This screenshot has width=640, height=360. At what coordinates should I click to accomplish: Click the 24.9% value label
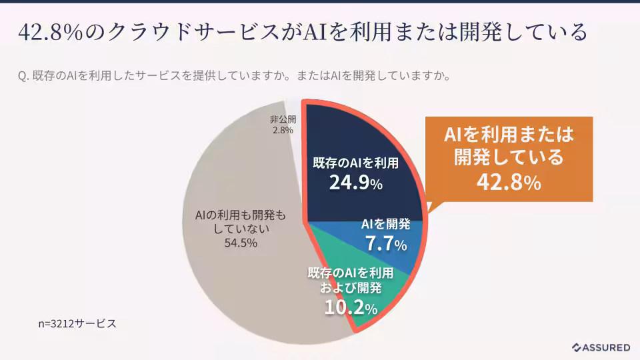[355, 183]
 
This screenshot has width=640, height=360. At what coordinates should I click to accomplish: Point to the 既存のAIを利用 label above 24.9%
[355, 163]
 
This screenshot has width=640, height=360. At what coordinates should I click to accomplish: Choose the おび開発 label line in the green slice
[350, 288]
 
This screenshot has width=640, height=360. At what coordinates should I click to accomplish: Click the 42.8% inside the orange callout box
[508, 181]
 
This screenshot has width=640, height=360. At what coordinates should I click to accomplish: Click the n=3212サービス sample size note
[77, 323]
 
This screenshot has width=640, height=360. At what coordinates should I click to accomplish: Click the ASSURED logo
[601, 347]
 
